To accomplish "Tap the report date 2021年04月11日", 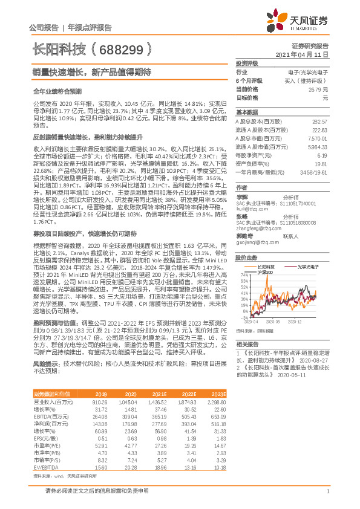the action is click(301, 54).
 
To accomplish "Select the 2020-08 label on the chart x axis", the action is click(270, 322).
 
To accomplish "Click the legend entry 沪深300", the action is click(266, 272).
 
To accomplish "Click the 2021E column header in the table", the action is click(159, 394).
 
